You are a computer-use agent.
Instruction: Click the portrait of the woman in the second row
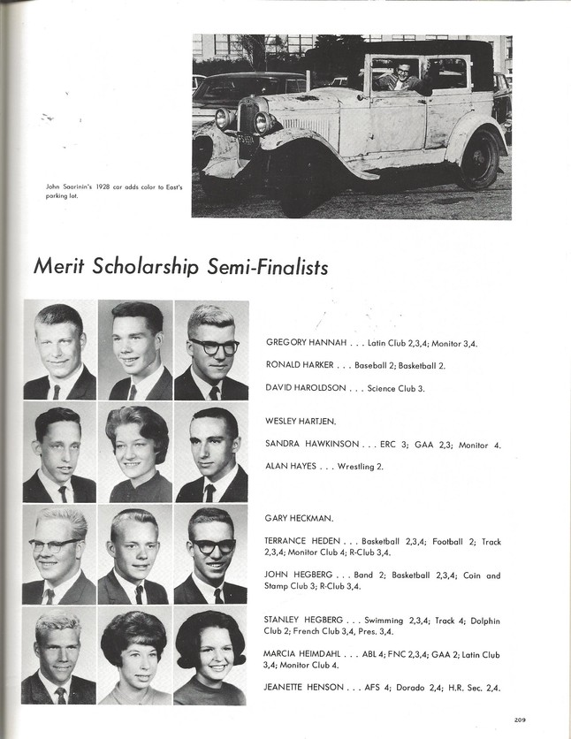[135, 453]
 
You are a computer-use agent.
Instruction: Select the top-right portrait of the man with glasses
[210, 350]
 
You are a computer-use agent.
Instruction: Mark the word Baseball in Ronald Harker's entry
[358, 364]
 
